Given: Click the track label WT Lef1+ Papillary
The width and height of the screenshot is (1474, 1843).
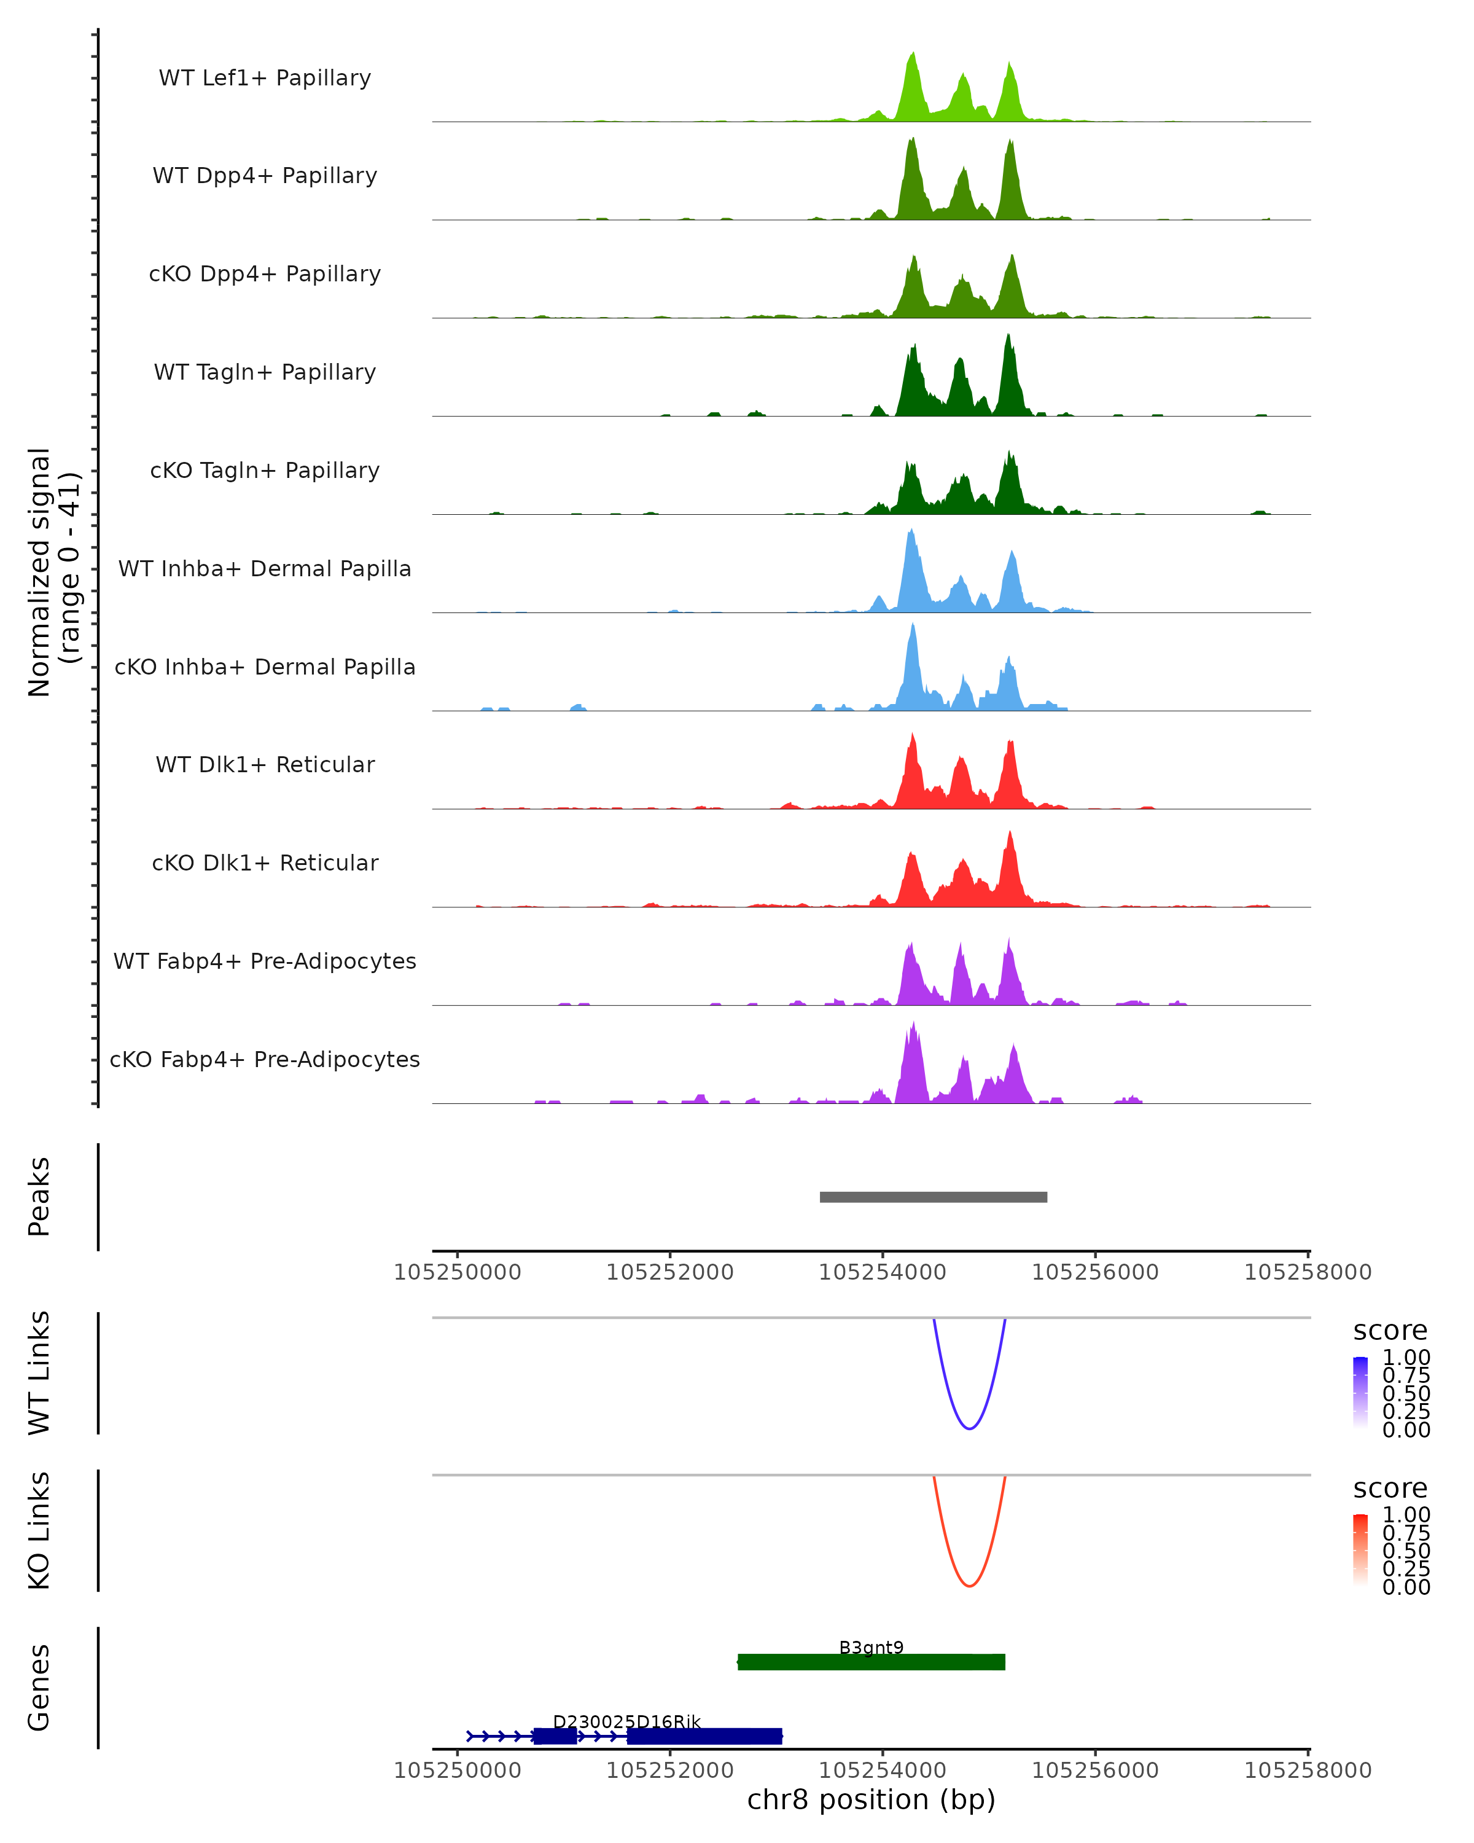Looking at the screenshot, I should point(265,78).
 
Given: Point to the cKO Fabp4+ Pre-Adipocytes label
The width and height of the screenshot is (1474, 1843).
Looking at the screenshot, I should point(265,1059).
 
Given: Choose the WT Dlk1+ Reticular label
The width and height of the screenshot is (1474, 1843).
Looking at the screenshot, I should point(265,764).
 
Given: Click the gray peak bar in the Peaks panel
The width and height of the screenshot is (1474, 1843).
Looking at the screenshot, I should point(933,1197).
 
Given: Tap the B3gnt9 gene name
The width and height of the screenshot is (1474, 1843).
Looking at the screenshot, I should point(871,1647).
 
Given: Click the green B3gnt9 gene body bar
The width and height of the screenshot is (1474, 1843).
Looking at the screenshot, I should point(871,1662).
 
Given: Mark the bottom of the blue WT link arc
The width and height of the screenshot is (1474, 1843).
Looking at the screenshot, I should point(969,1428).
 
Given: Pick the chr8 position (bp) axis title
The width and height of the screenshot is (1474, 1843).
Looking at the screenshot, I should point(871,1799).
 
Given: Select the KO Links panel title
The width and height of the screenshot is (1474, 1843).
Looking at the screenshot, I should point(39,1530).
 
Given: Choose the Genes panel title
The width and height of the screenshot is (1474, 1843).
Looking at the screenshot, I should point(39,1688).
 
